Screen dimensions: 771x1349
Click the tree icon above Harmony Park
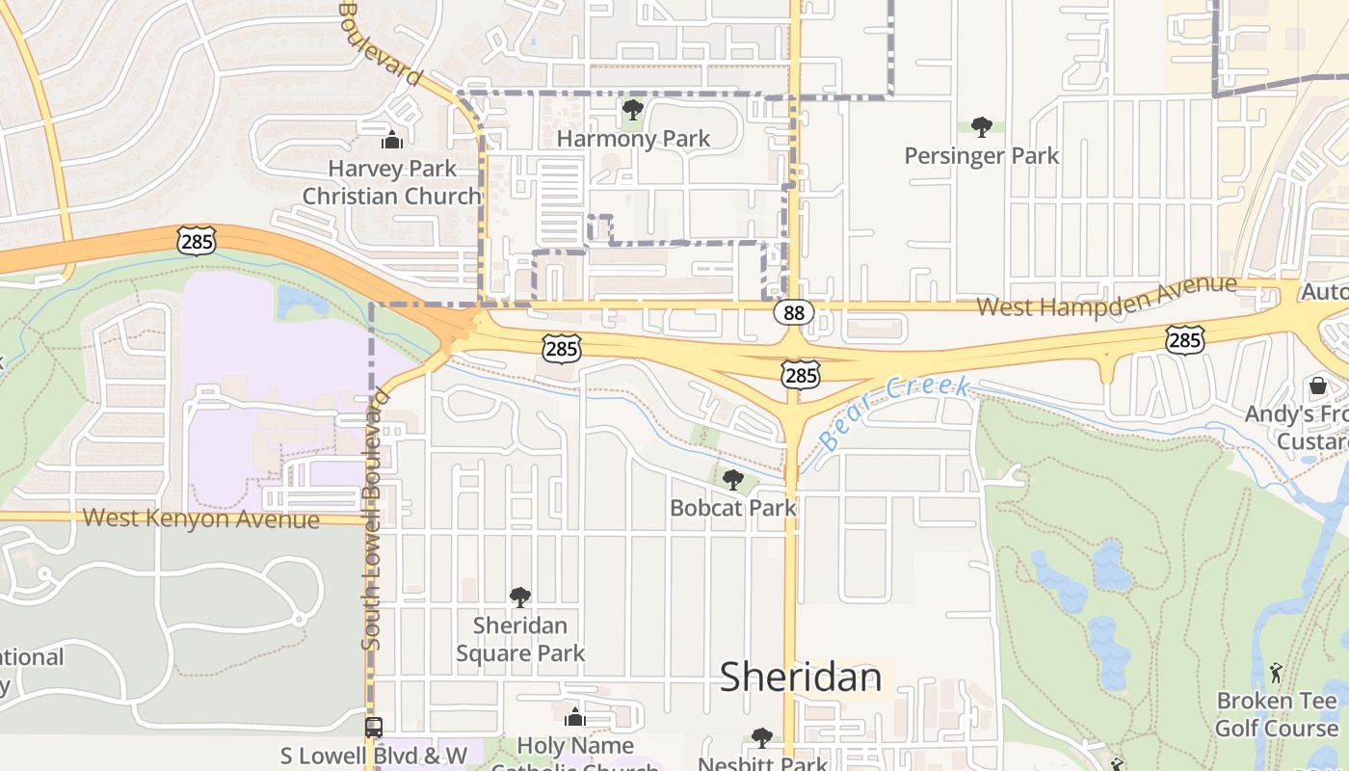pos(632,110)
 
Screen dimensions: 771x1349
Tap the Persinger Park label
pos(981,155)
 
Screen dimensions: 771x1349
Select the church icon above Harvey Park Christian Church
pos(392,141)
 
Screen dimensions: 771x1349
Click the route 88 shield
pos(793,312)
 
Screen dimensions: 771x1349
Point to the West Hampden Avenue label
pos(1106,296)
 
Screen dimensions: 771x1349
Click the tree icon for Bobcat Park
pos(733,479)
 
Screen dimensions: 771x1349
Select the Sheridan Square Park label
pos(520,639)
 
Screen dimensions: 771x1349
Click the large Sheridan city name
pos(801,677)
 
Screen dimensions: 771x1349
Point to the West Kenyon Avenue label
pos(200,518)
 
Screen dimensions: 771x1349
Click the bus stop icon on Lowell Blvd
pos(374,728)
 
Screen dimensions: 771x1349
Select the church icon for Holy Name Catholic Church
pos(575,718)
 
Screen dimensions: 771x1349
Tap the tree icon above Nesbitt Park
pos(762,738)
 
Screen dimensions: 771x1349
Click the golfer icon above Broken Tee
pos(1277,672)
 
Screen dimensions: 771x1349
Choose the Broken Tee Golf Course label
pos(1277,714)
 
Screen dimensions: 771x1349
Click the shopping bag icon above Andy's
pos(1318,386)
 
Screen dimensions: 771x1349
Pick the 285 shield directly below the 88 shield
pos(801,374)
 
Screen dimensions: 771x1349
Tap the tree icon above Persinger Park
pos(982,126)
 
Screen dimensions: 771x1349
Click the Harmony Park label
pos(633,139)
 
